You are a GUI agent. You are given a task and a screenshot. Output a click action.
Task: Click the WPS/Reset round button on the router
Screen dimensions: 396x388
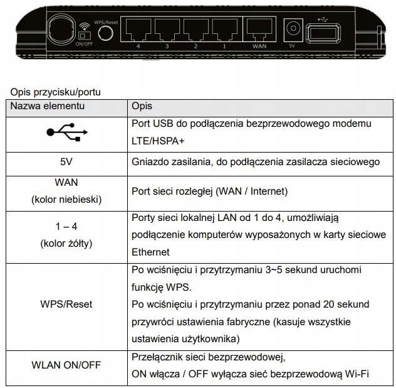105,33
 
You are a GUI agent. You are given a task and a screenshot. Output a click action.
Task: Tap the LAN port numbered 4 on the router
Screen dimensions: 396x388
138,30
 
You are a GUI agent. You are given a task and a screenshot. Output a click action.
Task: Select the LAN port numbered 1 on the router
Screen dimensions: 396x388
224,30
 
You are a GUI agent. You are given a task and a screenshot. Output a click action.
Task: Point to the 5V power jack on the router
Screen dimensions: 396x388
293,30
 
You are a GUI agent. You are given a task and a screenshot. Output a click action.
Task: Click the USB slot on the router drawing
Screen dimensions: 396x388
323,33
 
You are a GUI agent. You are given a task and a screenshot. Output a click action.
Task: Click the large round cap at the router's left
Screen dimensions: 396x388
61,30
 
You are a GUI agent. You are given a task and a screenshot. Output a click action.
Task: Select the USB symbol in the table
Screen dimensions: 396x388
67,132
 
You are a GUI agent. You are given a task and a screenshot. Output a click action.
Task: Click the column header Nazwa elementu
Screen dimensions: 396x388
47,106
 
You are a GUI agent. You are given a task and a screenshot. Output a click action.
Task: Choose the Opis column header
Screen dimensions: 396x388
142,107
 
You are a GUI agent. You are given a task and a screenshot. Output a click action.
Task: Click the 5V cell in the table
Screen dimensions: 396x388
66,162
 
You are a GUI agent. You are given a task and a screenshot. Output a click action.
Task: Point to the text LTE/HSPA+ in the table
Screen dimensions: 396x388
158,141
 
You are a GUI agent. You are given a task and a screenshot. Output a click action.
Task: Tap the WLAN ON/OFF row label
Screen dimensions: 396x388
66,365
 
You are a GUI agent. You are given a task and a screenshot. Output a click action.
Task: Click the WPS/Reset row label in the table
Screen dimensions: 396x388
66,304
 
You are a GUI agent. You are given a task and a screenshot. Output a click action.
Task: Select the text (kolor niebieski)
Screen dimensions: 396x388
66,200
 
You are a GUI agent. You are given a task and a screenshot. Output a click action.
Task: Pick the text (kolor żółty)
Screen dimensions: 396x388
66,244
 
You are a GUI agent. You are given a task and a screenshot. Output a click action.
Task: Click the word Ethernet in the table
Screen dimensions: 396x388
150,252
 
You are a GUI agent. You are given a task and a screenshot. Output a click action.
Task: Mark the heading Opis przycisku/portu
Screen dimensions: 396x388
55,92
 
